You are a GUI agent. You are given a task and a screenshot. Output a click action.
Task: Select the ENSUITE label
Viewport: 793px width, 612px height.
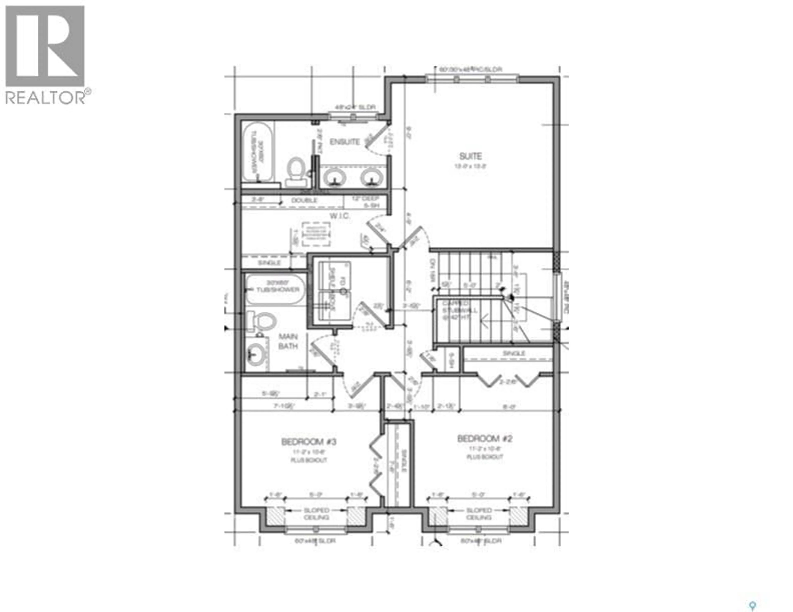pyautogui.click(x=345, y=142)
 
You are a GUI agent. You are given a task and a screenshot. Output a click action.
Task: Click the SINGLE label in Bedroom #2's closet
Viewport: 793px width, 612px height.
pyautogui.click(x=513, y=353)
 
